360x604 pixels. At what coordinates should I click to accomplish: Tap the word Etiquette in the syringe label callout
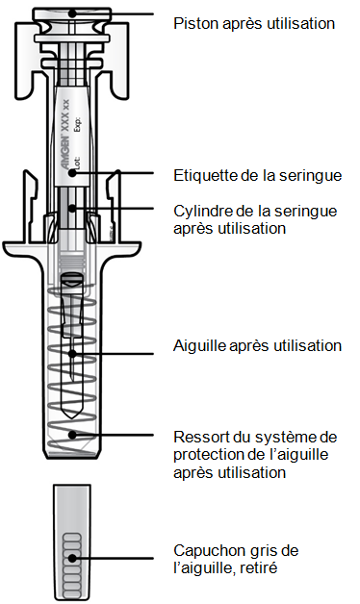(205, 176)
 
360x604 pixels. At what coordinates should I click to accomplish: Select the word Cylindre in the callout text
(201, 212)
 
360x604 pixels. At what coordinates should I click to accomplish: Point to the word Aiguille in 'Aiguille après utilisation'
(199, 345)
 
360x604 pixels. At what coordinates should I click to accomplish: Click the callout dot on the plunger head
(72, 13)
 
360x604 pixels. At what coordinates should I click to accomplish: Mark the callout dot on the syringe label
(72, 173)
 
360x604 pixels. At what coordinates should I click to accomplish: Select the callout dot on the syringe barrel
(72, 209)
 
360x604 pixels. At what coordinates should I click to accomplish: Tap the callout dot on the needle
(72, 354)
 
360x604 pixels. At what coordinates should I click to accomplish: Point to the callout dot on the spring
(72, 436)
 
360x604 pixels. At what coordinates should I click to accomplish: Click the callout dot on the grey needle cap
(72, 558)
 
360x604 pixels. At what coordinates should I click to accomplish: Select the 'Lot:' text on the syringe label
(78, 163)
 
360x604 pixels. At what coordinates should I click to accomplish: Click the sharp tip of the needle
(72, 382)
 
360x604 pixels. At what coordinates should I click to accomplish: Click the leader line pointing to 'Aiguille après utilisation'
(113, 354)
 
